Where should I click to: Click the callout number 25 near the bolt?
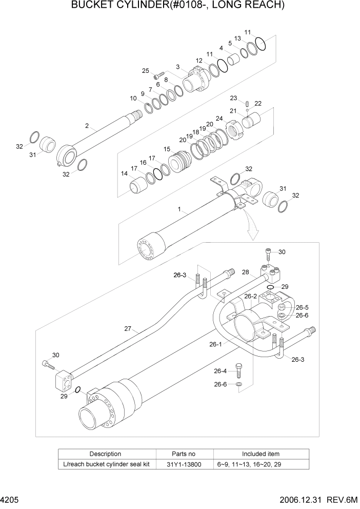click(145, 71)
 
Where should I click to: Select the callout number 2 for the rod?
click(87, 126)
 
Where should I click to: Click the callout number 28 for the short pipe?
click(245, 272)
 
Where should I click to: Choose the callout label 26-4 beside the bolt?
click(220, 371)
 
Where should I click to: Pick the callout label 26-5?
click(302, 307)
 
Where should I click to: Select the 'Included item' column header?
click(261, 454)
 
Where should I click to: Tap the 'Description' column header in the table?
click(105, 454)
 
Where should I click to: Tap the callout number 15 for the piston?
click(167, 149)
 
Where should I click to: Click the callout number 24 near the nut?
click(219, 119)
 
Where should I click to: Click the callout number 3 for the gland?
click(177, 67)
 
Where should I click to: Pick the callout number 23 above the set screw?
click(233, 98)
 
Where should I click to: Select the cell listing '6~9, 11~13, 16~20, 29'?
click(261, 464)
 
